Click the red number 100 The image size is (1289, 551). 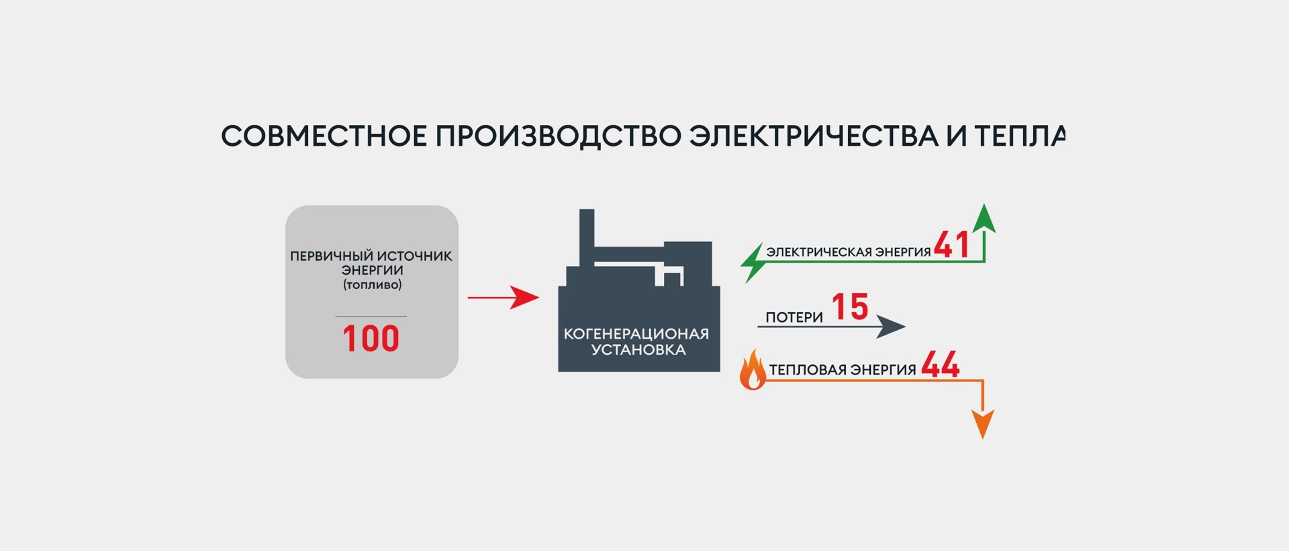tap(371, 338)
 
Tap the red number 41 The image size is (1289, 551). tap(951, 244)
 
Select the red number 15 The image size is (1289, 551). tap(850, 306)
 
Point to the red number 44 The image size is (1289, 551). tap(940, 364)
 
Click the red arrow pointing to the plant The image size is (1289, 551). tap(504, 297)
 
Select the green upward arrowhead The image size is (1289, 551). tap(984, 218)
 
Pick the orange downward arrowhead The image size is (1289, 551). tap(983, 424)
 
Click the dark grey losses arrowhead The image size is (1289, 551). tap(891, 327)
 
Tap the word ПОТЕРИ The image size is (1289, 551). tap(794, 317)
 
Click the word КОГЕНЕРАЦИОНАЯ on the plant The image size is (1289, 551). tap(636, 334)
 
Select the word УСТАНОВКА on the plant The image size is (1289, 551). tap(638, 349)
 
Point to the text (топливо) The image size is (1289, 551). tap(372, 285)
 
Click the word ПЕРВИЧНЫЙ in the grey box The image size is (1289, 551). tap(331, 255)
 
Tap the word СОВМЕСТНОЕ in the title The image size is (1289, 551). tap(324, 136)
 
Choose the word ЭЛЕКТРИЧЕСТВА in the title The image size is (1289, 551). tap(814, 136)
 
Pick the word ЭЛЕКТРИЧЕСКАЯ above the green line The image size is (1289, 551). tap(810, 252)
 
